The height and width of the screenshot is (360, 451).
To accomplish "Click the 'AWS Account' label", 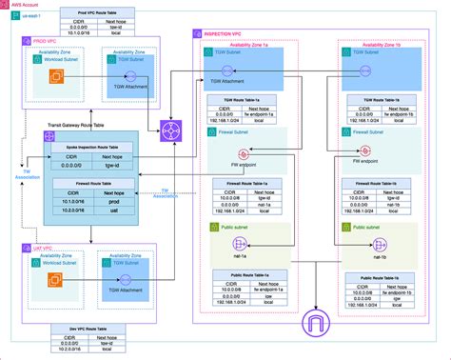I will tap(25, 5).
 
